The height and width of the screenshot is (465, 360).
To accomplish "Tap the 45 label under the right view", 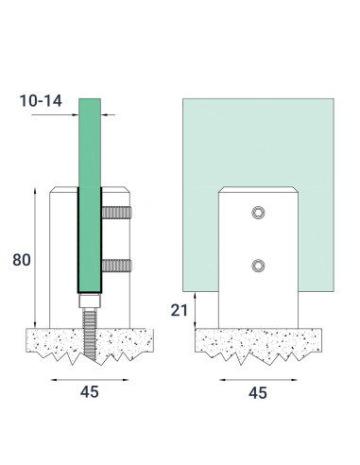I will (x=256, y=390).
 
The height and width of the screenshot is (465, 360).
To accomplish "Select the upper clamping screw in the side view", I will (x=116, y=214).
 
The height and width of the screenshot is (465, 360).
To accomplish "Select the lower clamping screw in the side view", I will (x=116, y=267).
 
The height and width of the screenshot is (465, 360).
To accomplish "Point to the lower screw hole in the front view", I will (x=255, y=267).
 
